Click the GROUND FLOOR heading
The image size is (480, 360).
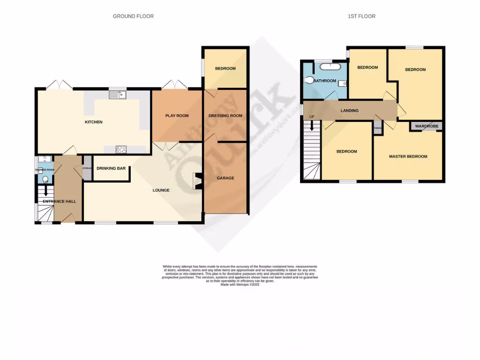point(133,16)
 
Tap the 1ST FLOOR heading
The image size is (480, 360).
point(361,16)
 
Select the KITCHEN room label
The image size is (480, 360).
point(93,122)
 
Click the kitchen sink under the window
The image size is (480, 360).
point(118,96)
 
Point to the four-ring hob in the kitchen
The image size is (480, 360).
point(121,150)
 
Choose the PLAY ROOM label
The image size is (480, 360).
point(177,116)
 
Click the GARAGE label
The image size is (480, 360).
point(225,178)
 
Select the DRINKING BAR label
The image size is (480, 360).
point(111,168)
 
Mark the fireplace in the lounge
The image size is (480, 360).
point(197,181)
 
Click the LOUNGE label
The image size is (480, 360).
point(161,190)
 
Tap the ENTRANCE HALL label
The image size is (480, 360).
point(59,202)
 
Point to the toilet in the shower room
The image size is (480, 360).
point(45,180)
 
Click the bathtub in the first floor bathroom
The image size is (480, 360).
point(331,67)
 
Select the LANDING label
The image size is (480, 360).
point(349,111)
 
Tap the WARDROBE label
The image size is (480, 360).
point(426,126)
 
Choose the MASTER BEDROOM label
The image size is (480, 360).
point(408,157)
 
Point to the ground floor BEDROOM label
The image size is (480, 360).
point(225,69)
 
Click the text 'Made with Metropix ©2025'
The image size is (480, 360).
point(240,285)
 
